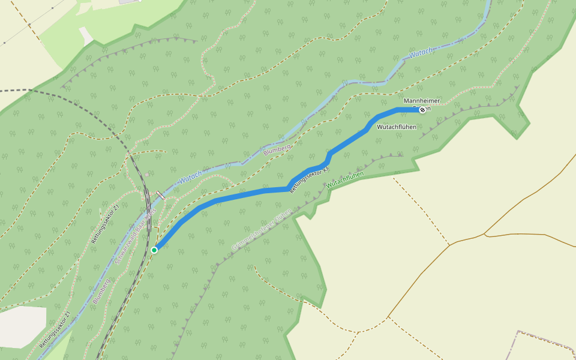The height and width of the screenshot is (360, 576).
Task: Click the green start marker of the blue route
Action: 154,250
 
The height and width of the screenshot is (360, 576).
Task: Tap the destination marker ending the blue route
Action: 422,109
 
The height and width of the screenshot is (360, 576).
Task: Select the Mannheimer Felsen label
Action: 421,101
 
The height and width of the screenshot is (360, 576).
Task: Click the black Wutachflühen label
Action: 397,127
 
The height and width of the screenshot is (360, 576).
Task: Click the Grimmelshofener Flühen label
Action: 262,230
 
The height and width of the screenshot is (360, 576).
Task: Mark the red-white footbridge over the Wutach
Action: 161,196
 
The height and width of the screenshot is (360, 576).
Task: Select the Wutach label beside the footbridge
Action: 191,177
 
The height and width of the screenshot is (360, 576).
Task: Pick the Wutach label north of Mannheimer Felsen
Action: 421,53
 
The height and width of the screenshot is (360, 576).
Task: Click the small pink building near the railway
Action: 148,175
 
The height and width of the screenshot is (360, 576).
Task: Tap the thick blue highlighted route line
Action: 240,194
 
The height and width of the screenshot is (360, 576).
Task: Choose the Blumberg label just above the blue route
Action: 277,151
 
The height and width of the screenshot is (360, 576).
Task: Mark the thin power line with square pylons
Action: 30,24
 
